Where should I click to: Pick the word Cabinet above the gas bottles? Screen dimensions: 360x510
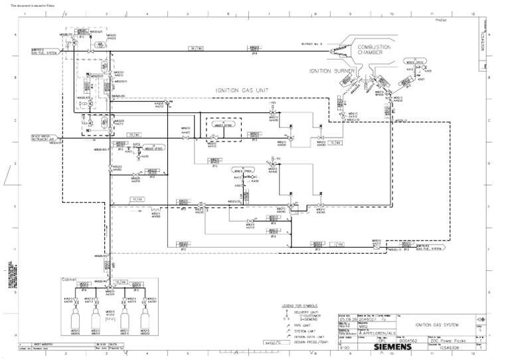[70, 280]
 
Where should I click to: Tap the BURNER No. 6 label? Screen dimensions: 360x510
[311, 44]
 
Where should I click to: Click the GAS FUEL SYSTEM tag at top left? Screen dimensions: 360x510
[43, 50]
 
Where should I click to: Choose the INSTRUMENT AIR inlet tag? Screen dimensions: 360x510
[43, 137]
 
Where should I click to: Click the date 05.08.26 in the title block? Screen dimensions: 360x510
[347, 317]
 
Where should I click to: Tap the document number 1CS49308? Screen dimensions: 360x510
[445, 347]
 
